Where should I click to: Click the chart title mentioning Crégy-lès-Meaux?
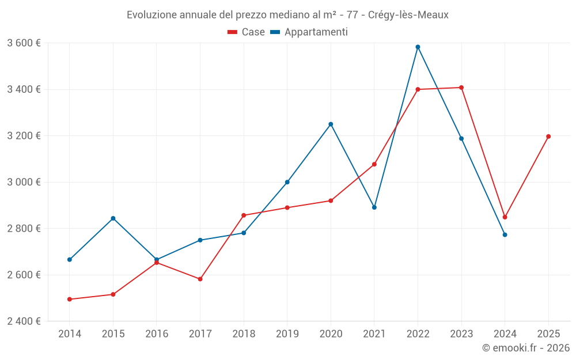pyautogui.click(x=287, y=15)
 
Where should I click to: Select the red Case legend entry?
pyautogui.click(x=246, y=32)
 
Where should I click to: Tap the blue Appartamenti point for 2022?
pyautogui.click(x=418, y=47)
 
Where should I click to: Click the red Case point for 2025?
pyautogui.click(x=548, y=137)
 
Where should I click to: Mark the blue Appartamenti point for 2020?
pyautogui.click(x=331, y=124)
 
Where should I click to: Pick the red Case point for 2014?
pyautogui.click(x=70, y=300)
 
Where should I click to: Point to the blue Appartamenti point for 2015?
pyautogui.click(x=113, y=218)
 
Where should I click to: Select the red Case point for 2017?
pyautogui.click(x=200, y=279)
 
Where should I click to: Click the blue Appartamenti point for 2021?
pyautogui.click(x=374, y=207)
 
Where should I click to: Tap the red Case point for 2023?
pyautogui.click(x=461, y=88)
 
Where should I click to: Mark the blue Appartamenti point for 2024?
pyautogui.click(x=505, y=234)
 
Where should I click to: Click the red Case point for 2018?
pyautogui.click(x=244, y=215)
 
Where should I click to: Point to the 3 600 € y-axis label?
pyautogui.click(x=24, y=43)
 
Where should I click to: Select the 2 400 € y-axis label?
pyautogui.click(x=24, y=321)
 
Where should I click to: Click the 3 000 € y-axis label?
pyautogui.click(x=24, y=182)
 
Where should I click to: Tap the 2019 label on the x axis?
pyautogui.click(x=287, y=334)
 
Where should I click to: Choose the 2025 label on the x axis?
pyautogui.click(x=548, y=334)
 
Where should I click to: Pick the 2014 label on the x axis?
pyautogui.click(x=70, y=334)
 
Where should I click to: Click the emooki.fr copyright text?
pyautogui.click(x=525, y=348)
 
